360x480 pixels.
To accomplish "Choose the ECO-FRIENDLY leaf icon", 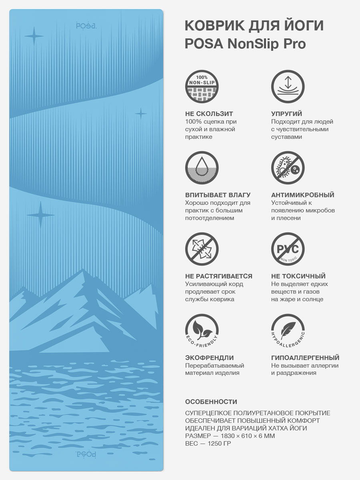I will click(x=202, y=330).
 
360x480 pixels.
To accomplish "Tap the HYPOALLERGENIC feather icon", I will click(x=288, y=330).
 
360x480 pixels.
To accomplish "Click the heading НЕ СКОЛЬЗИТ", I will click(x=209, y=114).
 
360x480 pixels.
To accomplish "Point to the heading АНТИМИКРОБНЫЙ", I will click(x=302, y=195).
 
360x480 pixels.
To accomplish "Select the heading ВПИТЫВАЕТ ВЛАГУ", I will click(x=218, y=195).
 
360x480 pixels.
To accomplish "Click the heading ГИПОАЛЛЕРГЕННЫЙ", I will click(x=305, y=358).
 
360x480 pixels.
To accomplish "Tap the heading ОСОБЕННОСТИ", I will click(x=211, y=402).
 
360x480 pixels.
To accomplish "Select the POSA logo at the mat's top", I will click(x=86, y=26).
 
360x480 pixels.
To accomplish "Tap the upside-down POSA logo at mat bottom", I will click(x=86, y=454).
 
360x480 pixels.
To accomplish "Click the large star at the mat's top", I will click(x=34, y=36).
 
